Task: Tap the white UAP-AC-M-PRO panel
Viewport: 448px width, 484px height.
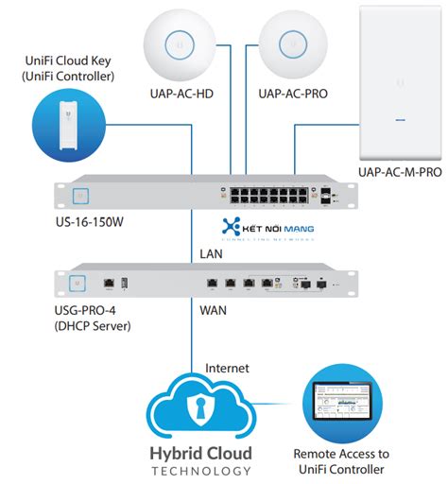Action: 402,81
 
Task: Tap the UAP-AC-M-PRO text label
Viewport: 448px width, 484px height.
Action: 401,173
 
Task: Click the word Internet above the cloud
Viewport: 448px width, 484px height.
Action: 228,367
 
